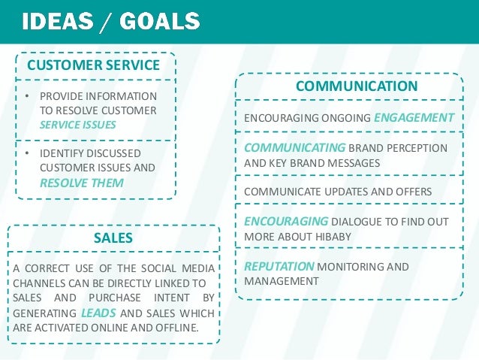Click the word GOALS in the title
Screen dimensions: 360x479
[x=158, y=22]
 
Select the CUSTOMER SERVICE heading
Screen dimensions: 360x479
[x=94, y=65]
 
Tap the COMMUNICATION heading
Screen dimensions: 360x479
[x=357, y=86]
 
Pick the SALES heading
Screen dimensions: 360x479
[x=113, y=238]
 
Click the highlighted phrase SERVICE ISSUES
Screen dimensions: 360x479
[x=78, y=124]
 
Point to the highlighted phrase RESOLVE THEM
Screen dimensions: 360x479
[x=82, y=183]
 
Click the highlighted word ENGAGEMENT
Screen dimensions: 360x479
[x=414, y=118]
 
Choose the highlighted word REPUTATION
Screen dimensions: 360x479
[x=279, y=266]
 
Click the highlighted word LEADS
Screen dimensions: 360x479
[x=98, y=313]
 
